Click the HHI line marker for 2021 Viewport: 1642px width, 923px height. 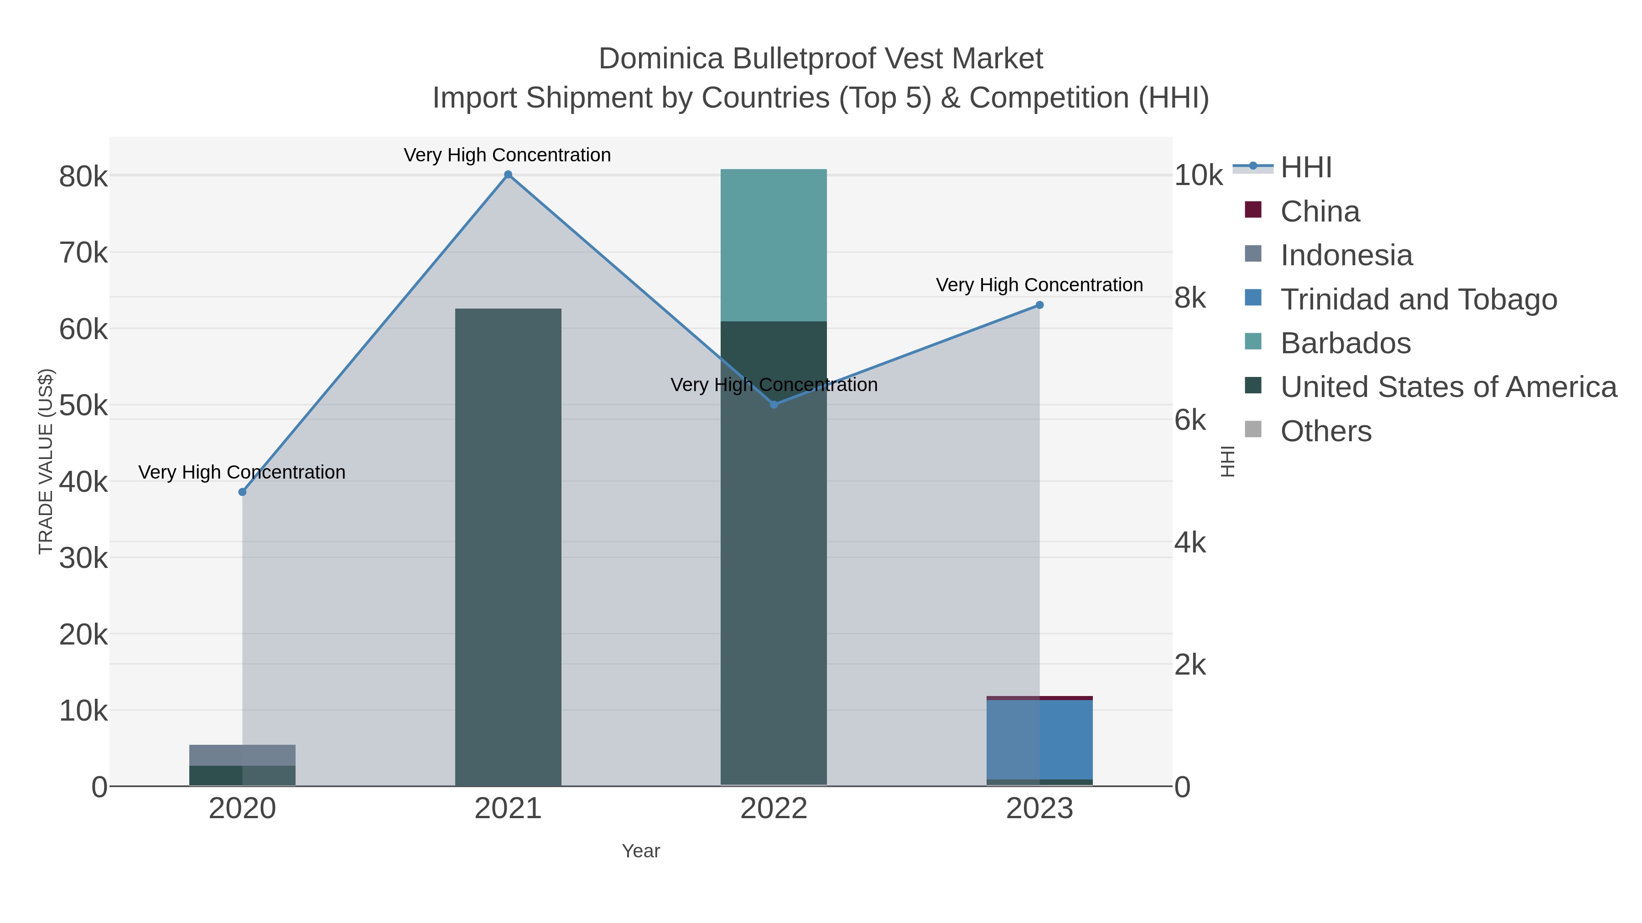(508, 175)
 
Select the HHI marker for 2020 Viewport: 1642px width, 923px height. (242, 492)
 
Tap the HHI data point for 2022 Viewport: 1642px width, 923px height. (774, 404)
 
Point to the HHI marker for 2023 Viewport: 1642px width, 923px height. (1039, 305)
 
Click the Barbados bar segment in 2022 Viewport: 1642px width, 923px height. (774, 245)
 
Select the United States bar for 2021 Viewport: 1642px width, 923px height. (508, 548)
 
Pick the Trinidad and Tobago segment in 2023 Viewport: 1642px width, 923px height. (1039, 739)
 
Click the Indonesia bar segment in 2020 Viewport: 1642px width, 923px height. (242, 755)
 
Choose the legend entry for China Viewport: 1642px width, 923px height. (1320, 211)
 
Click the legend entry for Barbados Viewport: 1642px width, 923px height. (1345, 343)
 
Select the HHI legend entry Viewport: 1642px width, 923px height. (1305, 168)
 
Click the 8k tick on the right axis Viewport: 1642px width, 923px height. (1190, 298)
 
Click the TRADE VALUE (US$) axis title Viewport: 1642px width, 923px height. (46, 461)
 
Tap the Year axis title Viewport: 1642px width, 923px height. (641, 851)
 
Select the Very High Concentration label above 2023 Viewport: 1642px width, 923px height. (1039, 285)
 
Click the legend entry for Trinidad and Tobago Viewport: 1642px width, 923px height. (1418, 299)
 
